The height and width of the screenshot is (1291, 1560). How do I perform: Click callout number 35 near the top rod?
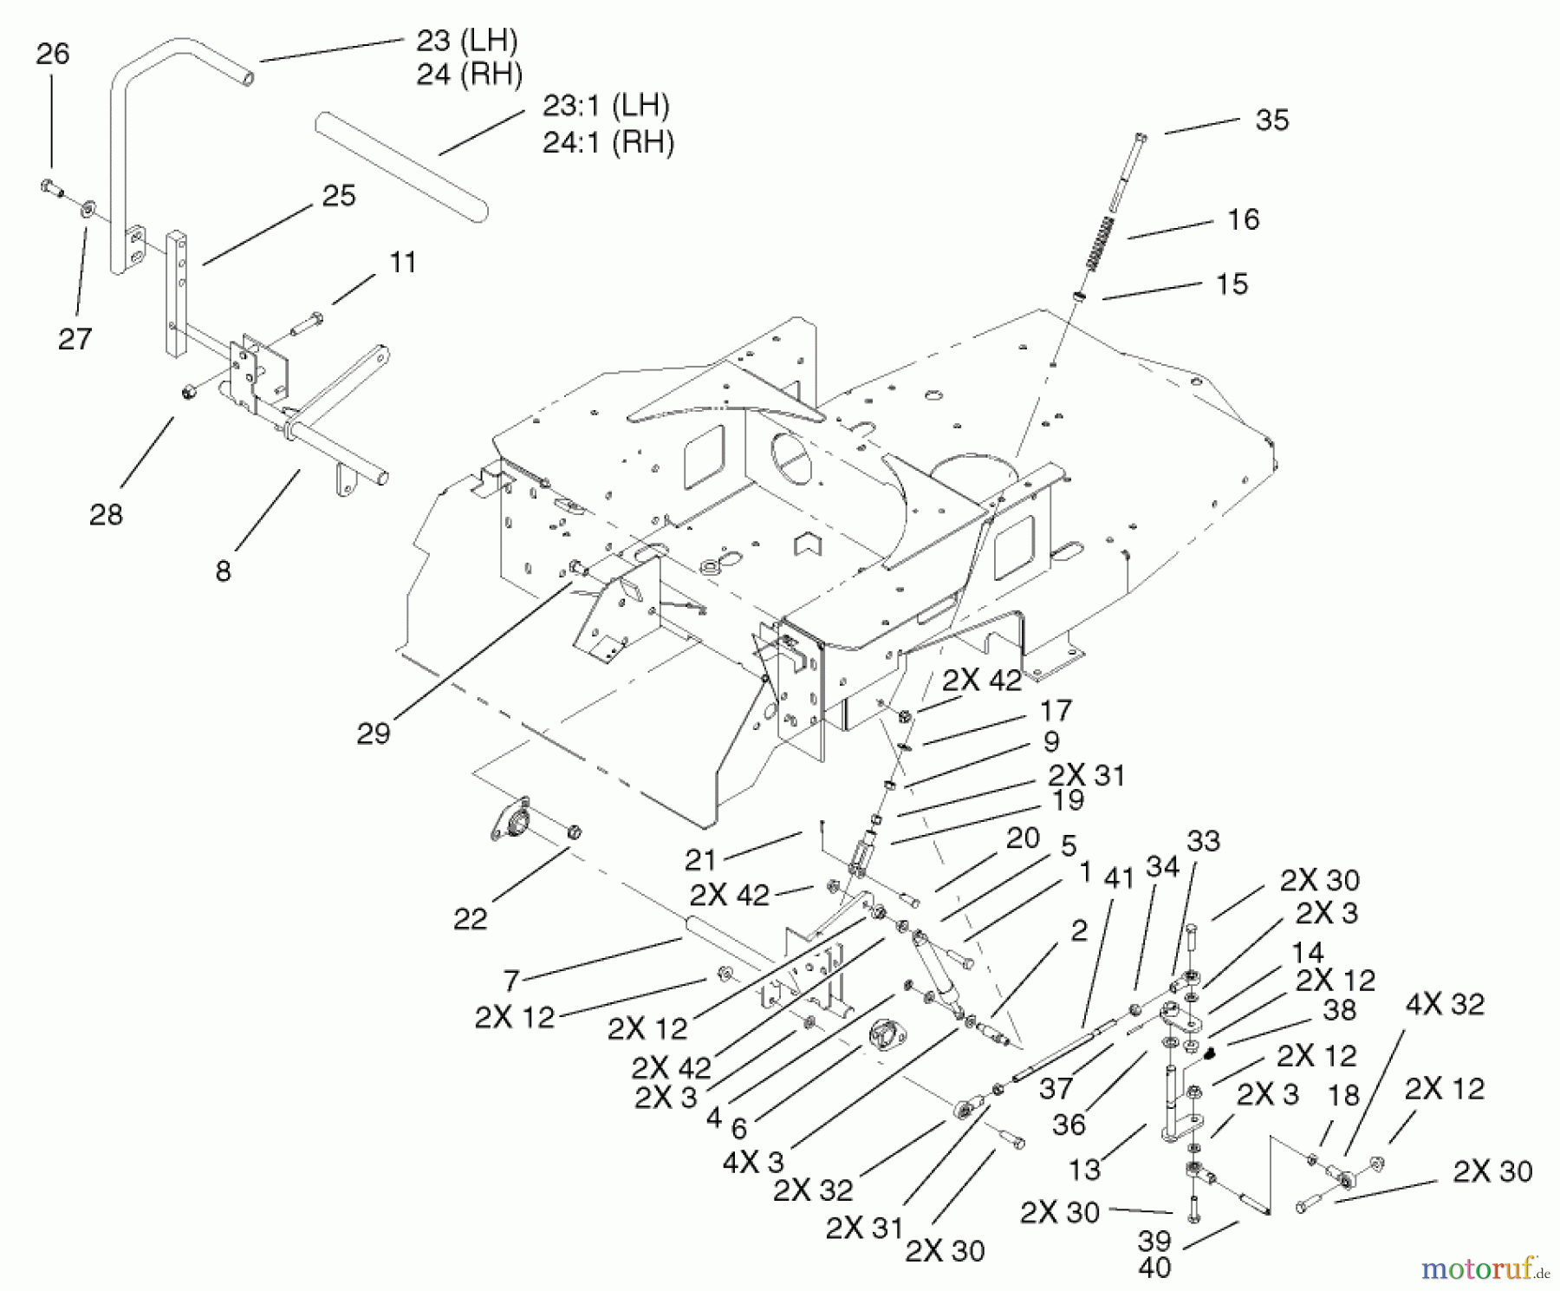(1271, 120)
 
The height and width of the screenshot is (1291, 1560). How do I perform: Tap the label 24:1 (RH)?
(608, 141)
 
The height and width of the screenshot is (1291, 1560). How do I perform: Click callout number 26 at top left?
(52, 54)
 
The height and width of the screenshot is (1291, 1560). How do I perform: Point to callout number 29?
(374, 733)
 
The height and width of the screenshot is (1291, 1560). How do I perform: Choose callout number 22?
(471, 918)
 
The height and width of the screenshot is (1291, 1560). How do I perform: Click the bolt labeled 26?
(52, 186)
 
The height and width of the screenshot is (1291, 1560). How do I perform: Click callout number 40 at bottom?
(1155, 1268)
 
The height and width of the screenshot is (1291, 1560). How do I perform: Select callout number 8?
(224, 571)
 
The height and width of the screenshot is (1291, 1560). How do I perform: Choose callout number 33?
(1204, 840)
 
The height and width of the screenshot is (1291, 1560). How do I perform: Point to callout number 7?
(510, 981)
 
